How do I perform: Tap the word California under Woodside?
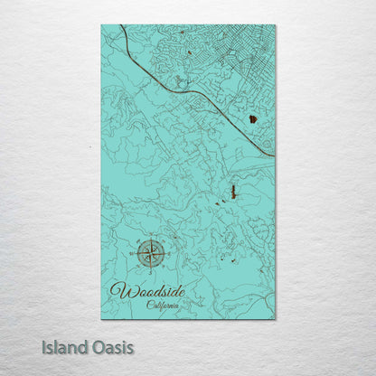pyautogui.click(x=163, y=305)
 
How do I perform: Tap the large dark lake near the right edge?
pyautogui.click(x=253, y=117)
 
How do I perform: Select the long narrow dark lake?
pyautogui.click(x=233, y=193)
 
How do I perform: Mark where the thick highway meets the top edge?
pyautogui.click(x=120, y=26)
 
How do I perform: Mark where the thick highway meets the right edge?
pyautogui.click(x=274, y=156)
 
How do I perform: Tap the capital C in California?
pyautogui.click(x=150, y=305)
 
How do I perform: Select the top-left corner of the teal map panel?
pyautogui.click(x=102, y=25)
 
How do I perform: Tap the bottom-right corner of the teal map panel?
pyautogui.click(x=275, y=318)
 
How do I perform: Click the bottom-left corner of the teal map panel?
pyautogui.click(x=102, y=318)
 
